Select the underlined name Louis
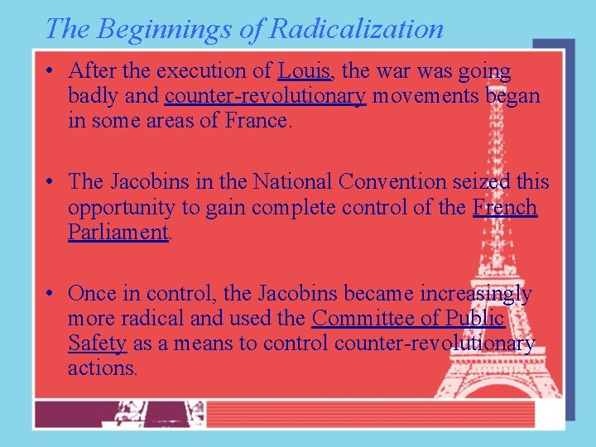point(304,71)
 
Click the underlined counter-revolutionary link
point(265,96)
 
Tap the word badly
point(94,96)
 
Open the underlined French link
point(505,206)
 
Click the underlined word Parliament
point(118,232)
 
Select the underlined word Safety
point(97,343)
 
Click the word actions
point(102,368)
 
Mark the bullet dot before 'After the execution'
point(51,72)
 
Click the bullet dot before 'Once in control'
point(51,294)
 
